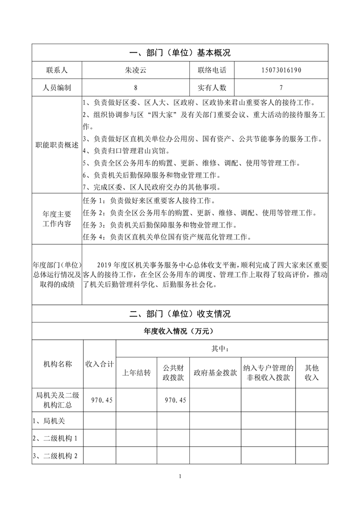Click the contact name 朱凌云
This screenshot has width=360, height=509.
point(135,70)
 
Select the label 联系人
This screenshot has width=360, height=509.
point(57,70)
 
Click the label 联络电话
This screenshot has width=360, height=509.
point(212,70)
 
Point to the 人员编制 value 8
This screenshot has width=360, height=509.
point(135,88)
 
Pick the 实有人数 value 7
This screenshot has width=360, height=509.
point(281,88)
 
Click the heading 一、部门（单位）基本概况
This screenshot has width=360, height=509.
point(180,53)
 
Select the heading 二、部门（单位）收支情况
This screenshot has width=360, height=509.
point(180,313)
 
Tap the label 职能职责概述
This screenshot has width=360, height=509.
point(57,145)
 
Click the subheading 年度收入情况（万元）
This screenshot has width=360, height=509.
point(180,331)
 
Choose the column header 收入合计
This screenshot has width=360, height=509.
point(100,364)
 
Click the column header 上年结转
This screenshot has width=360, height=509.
point(136,372)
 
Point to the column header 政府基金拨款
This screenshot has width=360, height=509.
point(215,372)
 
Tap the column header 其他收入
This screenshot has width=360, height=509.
point(311,372)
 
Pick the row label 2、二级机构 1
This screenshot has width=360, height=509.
point(56,438)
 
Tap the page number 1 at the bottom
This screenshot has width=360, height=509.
point(180,476)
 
